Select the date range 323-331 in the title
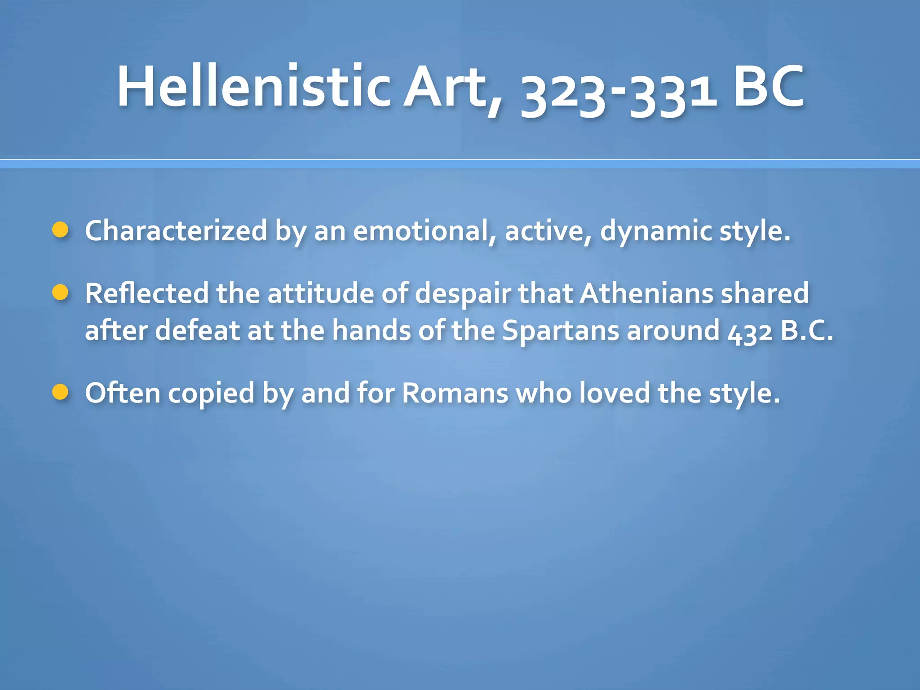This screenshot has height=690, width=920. [618, 92]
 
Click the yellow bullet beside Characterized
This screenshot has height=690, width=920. [60, 230]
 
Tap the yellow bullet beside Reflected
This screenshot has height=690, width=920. [60, 293]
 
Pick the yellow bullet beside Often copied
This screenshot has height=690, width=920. [60, 392]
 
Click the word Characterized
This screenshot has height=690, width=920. [176, 231]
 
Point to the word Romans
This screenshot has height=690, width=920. [455, 394]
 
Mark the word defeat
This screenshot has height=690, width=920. [197, 331]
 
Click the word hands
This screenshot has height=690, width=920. [371, 331]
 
